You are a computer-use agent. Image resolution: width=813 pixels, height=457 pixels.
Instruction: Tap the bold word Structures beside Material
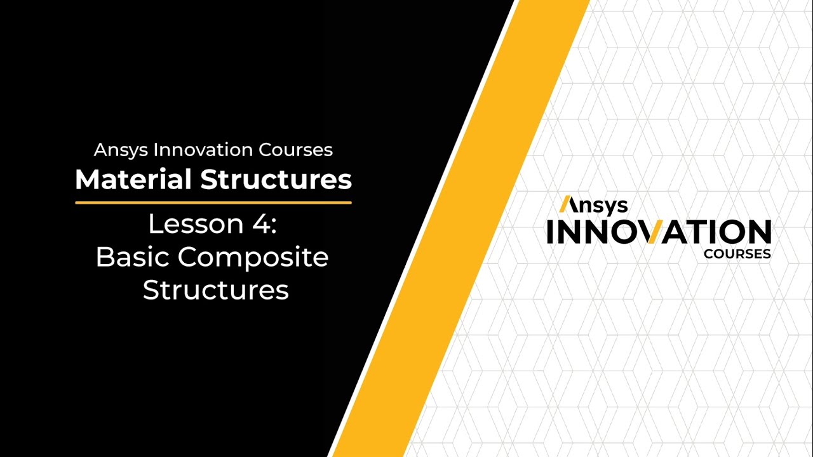(x=276, y=180)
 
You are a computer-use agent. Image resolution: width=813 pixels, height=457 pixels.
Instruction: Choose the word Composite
(x=253, y=258)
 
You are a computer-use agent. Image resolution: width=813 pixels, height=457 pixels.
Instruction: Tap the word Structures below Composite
(x=215, y=290)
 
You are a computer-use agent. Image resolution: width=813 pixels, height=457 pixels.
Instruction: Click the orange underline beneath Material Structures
(x=213, y=202)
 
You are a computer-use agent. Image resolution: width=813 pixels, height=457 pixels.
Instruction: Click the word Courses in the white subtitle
(x=295, y=150)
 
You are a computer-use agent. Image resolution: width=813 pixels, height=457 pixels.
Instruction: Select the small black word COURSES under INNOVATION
(x=737, y=254)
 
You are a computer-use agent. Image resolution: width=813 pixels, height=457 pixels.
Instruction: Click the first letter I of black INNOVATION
(x=551, y=232)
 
